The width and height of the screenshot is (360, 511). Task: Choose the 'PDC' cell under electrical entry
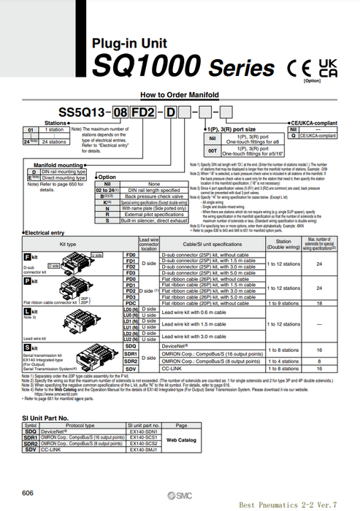(x=131, y=302)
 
